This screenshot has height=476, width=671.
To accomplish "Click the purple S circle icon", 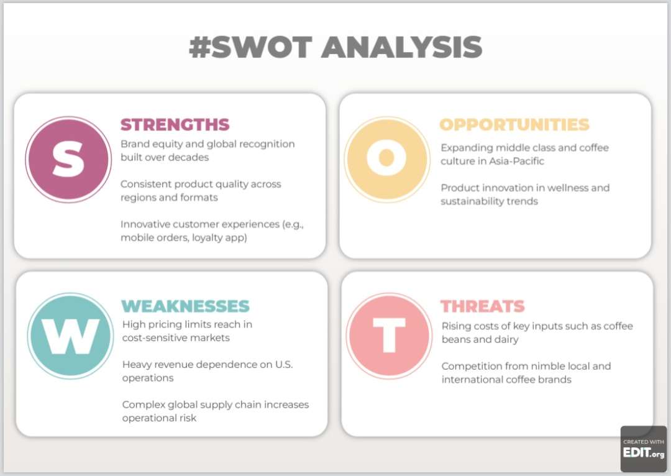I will (x=68, y=159).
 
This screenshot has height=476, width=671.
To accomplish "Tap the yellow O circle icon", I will (x=387, y=159).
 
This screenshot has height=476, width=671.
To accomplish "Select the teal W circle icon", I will (x=71, y=336).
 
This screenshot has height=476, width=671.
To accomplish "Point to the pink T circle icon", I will (x=389, y=336).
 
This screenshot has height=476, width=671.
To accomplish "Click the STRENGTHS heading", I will (x=175, y=124).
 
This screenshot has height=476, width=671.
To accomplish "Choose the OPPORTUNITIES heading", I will (x=514, y=124).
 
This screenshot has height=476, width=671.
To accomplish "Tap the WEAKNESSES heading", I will (x=185, y=306).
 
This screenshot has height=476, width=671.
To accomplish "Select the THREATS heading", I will (x=482, y=306).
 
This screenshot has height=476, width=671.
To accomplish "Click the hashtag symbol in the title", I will (x=200, y=47).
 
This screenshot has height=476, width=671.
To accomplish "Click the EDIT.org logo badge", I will (x=644, y=449).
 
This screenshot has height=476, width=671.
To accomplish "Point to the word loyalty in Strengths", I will (x=208, y=237).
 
